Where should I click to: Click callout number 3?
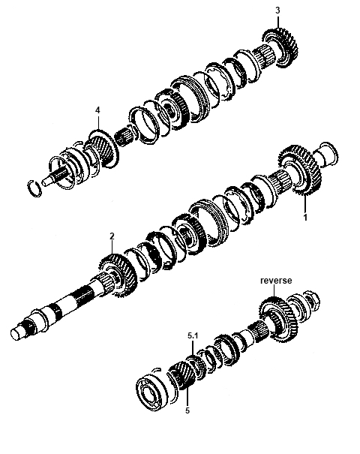coord(277,11)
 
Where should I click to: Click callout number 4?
coord(97,110)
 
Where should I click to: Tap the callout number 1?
coord(305,218)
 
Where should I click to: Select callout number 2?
coord(112,236)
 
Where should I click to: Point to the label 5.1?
coord(193,336)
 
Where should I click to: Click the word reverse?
coord(276,281)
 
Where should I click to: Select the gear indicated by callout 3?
coord(280,47)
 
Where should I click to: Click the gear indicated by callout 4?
coord(103,148)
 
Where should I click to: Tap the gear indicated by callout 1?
coord(300,171)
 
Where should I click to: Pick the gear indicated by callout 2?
coord(118,275)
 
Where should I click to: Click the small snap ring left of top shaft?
coord(34,188)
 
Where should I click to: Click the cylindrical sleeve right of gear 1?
coord(326,154)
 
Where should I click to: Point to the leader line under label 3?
coord(278,22)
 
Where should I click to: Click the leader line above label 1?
coord(304,204)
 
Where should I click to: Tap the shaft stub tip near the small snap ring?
coord(45,182)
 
